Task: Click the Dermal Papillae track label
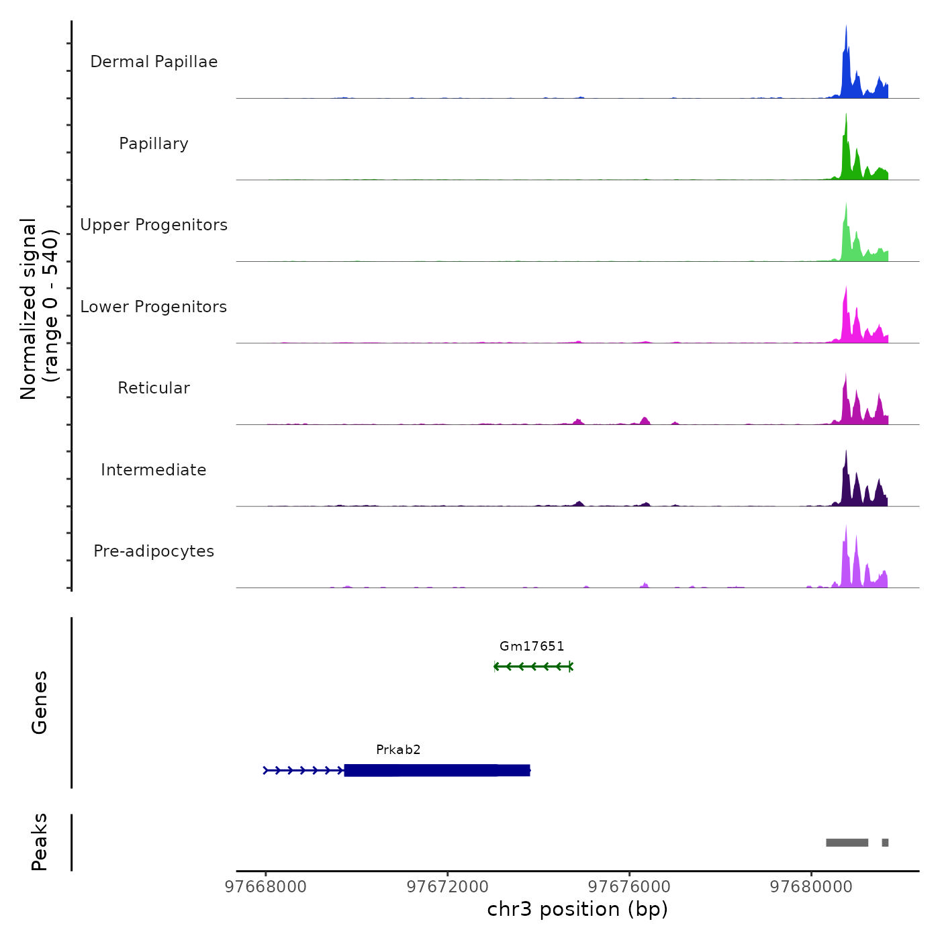tap(154, 62)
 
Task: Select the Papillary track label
tap(154, 144)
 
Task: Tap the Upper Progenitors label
tap(154, 225)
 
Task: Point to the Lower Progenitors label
tap(154, 307)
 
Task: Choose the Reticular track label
tap(154, 388)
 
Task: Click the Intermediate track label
tap(154, 470)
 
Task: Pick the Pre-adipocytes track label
tap(154, 551)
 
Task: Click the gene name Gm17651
tap(532, 646)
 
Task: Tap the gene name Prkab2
tap(398, 749)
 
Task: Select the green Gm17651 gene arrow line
tap(533, 667)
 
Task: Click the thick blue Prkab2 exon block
tap(436, 770)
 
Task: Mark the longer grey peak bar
tap(847, 843)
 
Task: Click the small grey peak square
tap(885, 843)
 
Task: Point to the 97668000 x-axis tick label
tap(265, 886)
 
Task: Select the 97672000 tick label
tap(448, 886)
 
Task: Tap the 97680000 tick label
tap(811, 886)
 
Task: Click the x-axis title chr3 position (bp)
tap(577, 909)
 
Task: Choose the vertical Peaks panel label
tap(40, 842)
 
